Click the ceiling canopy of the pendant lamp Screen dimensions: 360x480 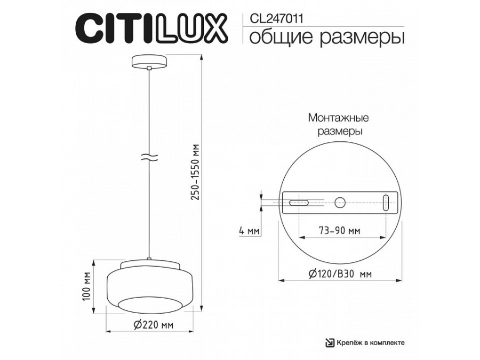coord(149,60)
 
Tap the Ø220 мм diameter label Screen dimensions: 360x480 coord(152,325)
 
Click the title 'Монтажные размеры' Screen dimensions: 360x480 coord(339,124)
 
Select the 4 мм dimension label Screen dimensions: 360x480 coord(249,231)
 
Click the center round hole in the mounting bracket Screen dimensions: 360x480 coord(340,202)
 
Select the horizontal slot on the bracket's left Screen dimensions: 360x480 coord(298,203)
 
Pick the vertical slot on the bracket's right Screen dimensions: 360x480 coord(386,203)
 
